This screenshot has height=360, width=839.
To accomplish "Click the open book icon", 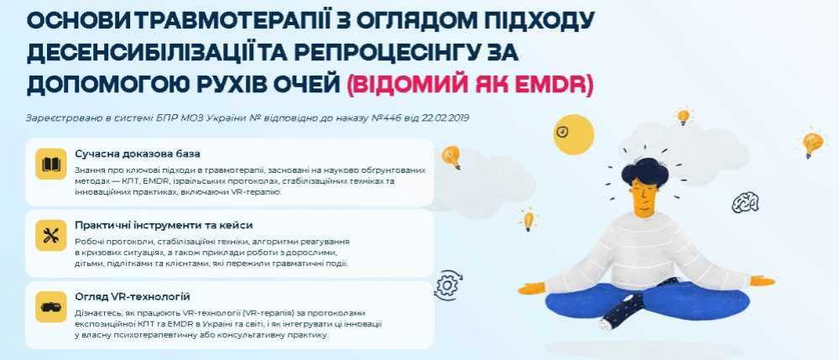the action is point(51,164).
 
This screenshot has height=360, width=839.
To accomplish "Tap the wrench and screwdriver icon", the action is point(51,235).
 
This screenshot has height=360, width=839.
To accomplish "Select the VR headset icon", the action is point(51,307).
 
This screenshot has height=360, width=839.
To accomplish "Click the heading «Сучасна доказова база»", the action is point(138,154).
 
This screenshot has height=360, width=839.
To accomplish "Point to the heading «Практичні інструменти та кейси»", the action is point(164,225).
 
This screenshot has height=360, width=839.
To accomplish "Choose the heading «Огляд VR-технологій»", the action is point(133,297).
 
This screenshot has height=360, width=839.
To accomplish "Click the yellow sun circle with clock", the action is point(574,134).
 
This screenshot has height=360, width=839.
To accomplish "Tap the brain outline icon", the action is point(745,202).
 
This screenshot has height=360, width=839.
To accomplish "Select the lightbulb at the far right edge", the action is point(812,143).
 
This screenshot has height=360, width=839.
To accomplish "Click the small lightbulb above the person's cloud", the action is point(683,117).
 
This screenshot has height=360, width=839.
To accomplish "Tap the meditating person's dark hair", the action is point(644,171).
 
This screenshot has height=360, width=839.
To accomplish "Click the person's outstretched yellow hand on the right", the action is point(763,281).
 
